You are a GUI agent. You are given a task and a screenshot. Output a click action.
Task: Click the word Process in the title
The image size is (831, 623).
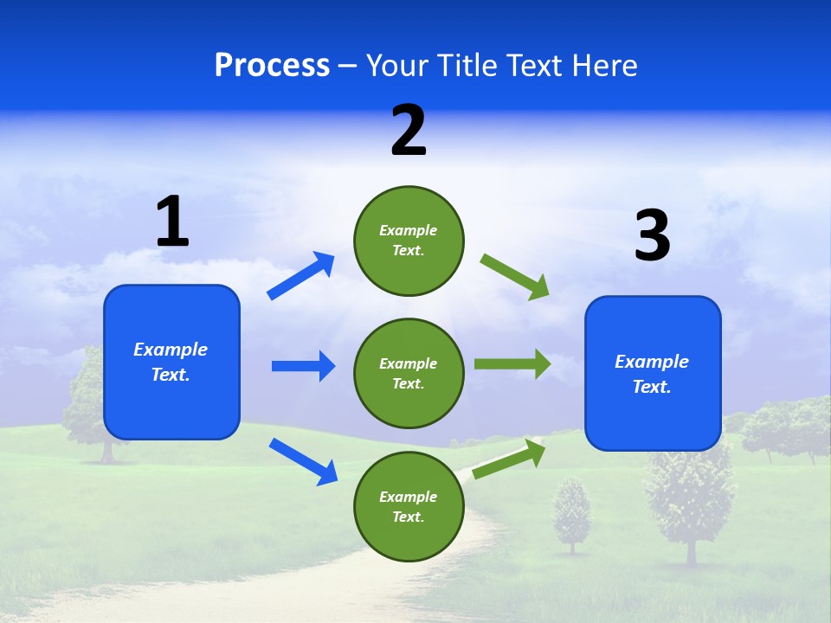pos(272,66)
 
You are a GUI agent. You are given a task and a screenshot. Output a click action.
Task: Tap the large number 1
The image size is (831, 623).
pos(172,222)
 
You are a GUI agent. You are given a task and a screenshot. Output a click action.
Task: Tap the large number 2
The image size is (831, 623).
pos(409,131)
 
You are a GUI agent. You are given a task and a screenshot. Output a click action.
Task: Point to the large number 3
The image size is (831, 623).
pos(652,235)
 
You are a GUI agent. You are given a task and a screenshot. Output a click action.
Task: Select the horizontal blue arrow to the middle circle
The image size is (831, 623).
pos(303,366)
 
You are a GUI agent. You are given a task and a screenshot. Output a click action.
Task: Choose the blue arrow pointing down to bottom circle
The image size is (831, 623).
pos(303,460)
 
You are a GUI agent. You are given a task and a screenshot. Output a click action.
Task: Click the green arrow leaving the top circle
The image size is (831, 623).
pos(515,276)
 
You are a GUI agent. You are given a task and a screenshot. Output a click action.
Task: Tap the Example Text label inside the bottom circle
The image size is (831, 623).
pos(409,507)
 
